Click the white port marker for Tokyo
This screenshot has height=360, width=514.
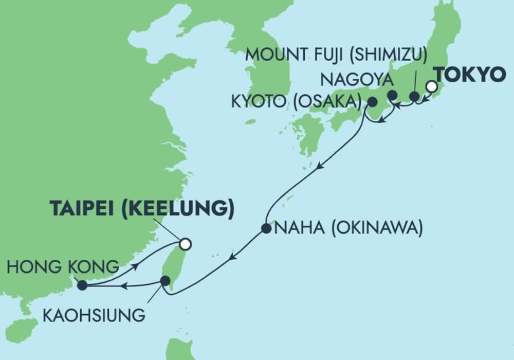(432, 86)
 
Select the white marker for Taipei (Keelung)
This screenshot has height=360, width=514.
(185, 244)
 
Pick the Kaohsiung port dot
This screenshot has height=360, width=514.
(165, 281)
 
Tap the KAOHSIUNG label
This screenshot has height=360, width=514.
(94, 315)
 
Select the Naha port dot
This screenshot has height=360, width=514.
(266, 228)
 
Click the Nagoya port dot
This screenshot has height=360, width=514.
(392, 95)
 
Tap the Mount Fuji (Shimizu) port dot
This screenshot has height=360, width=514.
(414, 96)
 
